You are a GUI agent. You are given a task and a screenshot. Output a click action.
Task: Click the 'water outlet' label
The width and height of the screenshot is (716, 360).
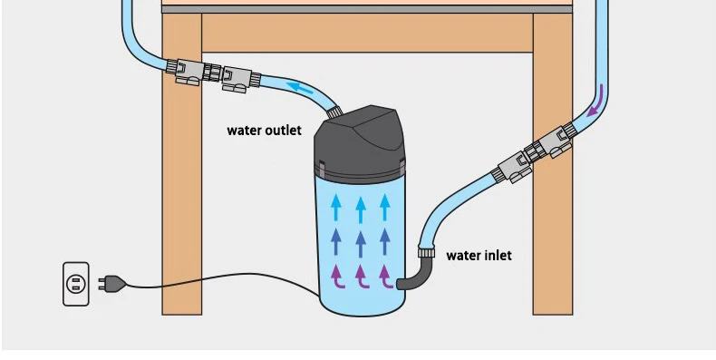coord(264,131)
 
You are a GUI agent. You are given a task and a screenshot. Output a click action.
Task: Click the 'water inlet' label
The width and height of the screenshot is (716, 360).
coord(479,255)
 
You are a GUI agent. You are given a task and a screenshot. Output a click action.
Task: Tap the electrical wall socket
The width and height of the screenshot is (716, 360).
coord(76,284)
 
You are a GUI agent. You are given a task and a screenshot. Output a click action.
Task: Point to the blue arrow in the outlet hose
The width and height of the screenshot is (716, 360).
coord(301,88)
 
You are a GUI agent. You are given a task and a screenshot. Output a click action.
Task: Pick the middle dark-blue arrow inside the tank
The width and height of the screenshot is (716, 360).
coord(361,244)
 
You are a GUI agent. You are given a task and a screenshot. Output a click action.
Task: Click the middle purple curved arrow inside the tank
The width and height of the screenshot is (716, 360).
coord(363,277)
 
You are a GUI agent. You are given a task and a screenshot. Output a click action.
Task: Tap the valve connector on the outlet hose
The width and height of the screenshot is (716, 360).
coord(213,75)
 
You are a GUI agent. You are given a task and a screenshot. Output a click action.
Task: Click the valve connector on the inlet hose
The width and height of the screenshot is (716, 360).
coord(534,153)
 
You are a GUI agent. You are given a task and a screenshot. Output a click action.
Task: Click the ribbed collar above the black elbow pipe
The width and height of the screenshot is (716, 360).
coord(426,252)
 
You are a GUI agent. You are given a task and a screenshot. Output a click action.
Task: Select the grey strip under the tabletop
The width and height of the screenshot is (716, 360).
coord(367,9)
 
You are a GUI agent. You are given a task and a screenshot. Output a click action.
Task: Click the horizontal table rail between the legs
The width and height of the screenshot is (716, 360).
coord(367,33)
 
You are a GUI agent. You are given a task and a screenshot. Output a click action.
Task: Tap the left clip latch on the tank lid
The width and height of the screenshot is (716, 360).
coord(322,169)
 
